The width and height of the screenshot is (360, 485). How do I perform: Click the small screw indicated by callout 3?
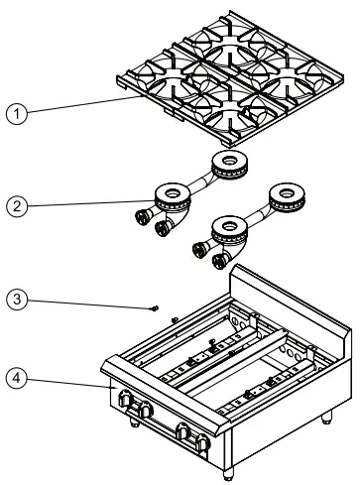click(x=156, y=308)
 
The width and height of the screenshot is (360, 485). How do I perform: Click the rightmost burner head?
click(x=294, y=195)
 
